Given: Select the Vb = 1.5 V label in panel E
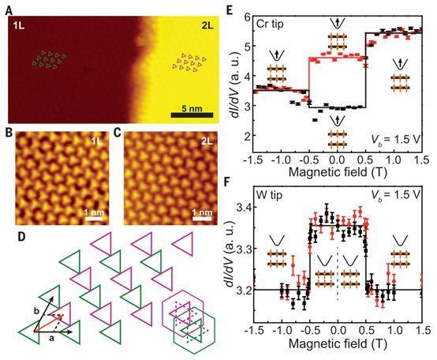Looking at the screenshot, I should click(x=396, y=139).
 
